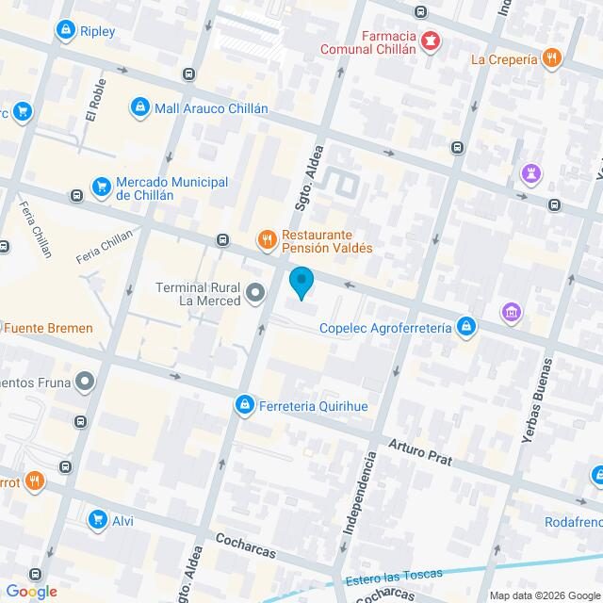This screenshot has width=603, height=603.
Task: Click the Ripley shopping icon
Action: point(65,31)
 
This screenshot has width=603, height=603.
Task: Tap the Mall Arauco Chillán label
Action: point(212,108)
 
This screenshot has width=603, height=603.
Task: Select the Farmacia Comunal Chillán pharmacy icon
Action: point(431,40)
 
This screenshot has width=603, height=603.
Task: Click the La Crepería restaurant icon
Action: point(552,58)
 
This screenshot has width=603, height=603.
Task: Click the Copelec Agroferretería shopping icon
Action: point(464,328)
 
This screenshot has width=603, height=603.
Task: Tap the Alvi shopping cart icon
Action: point(97,520)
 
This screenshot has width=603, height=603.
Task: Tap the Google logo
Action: point(30,591)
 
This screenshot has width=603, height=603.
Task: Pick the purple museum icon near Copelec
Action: point(512,311)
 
